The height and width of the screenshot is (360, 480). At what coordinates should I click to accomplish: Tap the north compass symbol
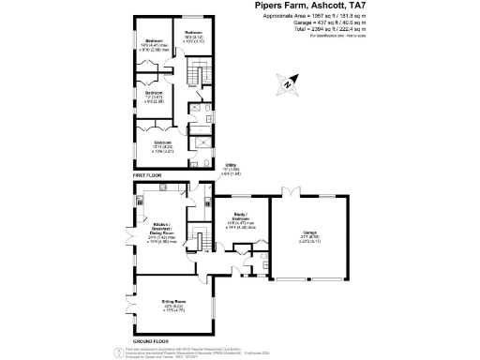[x=286, y=85]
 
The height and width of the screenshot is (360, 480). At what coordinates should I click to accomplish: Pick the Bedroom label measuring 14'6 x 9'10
[x=149, y=69]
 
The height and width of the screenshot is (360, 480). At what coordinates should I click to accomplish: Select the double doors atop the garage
[x=294, y=191]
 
